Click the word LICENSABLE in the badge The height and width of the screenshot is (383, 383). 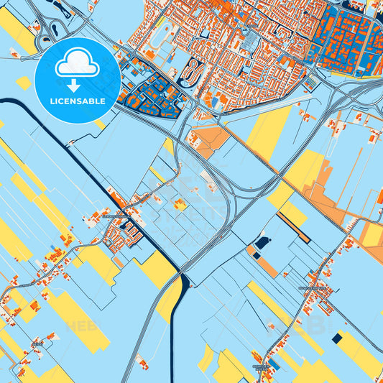pos(77,101)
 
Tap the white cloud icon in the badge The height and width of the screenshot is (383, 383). pos(77,64)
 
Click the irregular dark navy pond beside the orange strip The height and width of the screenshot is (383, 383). pos(262,243)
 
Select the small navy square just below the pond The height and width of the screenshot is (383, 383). pos(257,253)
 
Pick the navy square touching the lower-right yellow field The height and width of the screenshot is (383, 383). pos(336,338)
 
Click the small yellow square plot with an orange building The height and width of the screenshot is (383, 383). pos(180,206)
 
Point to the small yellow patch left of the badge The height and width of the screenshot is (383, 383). pos(24,83)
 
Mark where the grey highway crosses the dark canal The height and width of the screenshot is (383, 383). pos(183,278)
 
